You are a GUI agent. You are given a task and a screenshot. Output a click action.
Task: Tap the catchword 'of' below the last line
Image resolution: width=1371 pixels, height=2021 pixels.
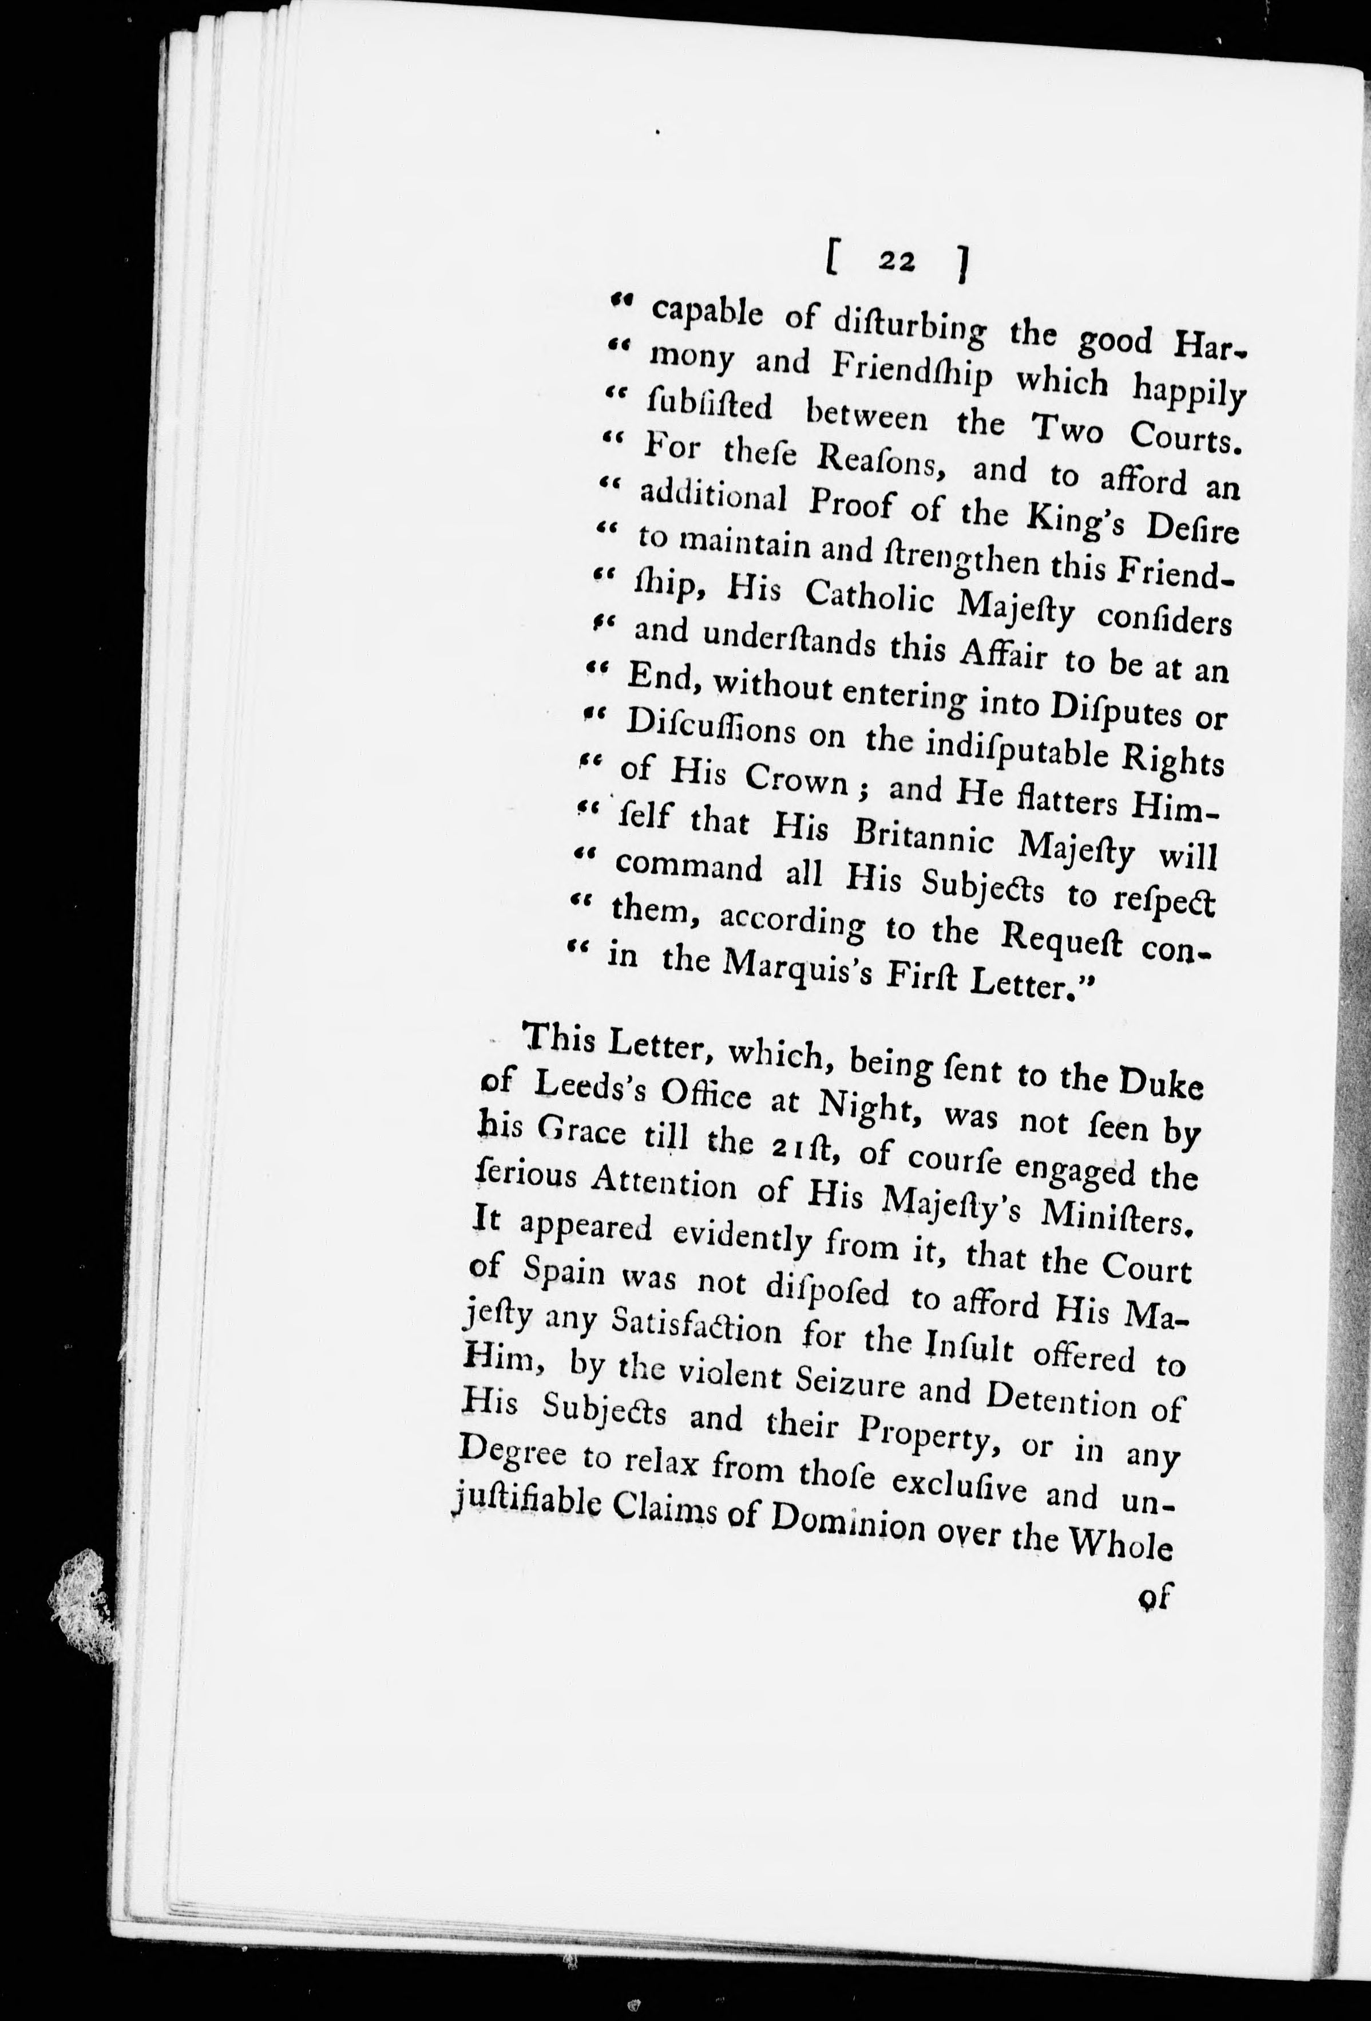click(1155, 1595)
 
